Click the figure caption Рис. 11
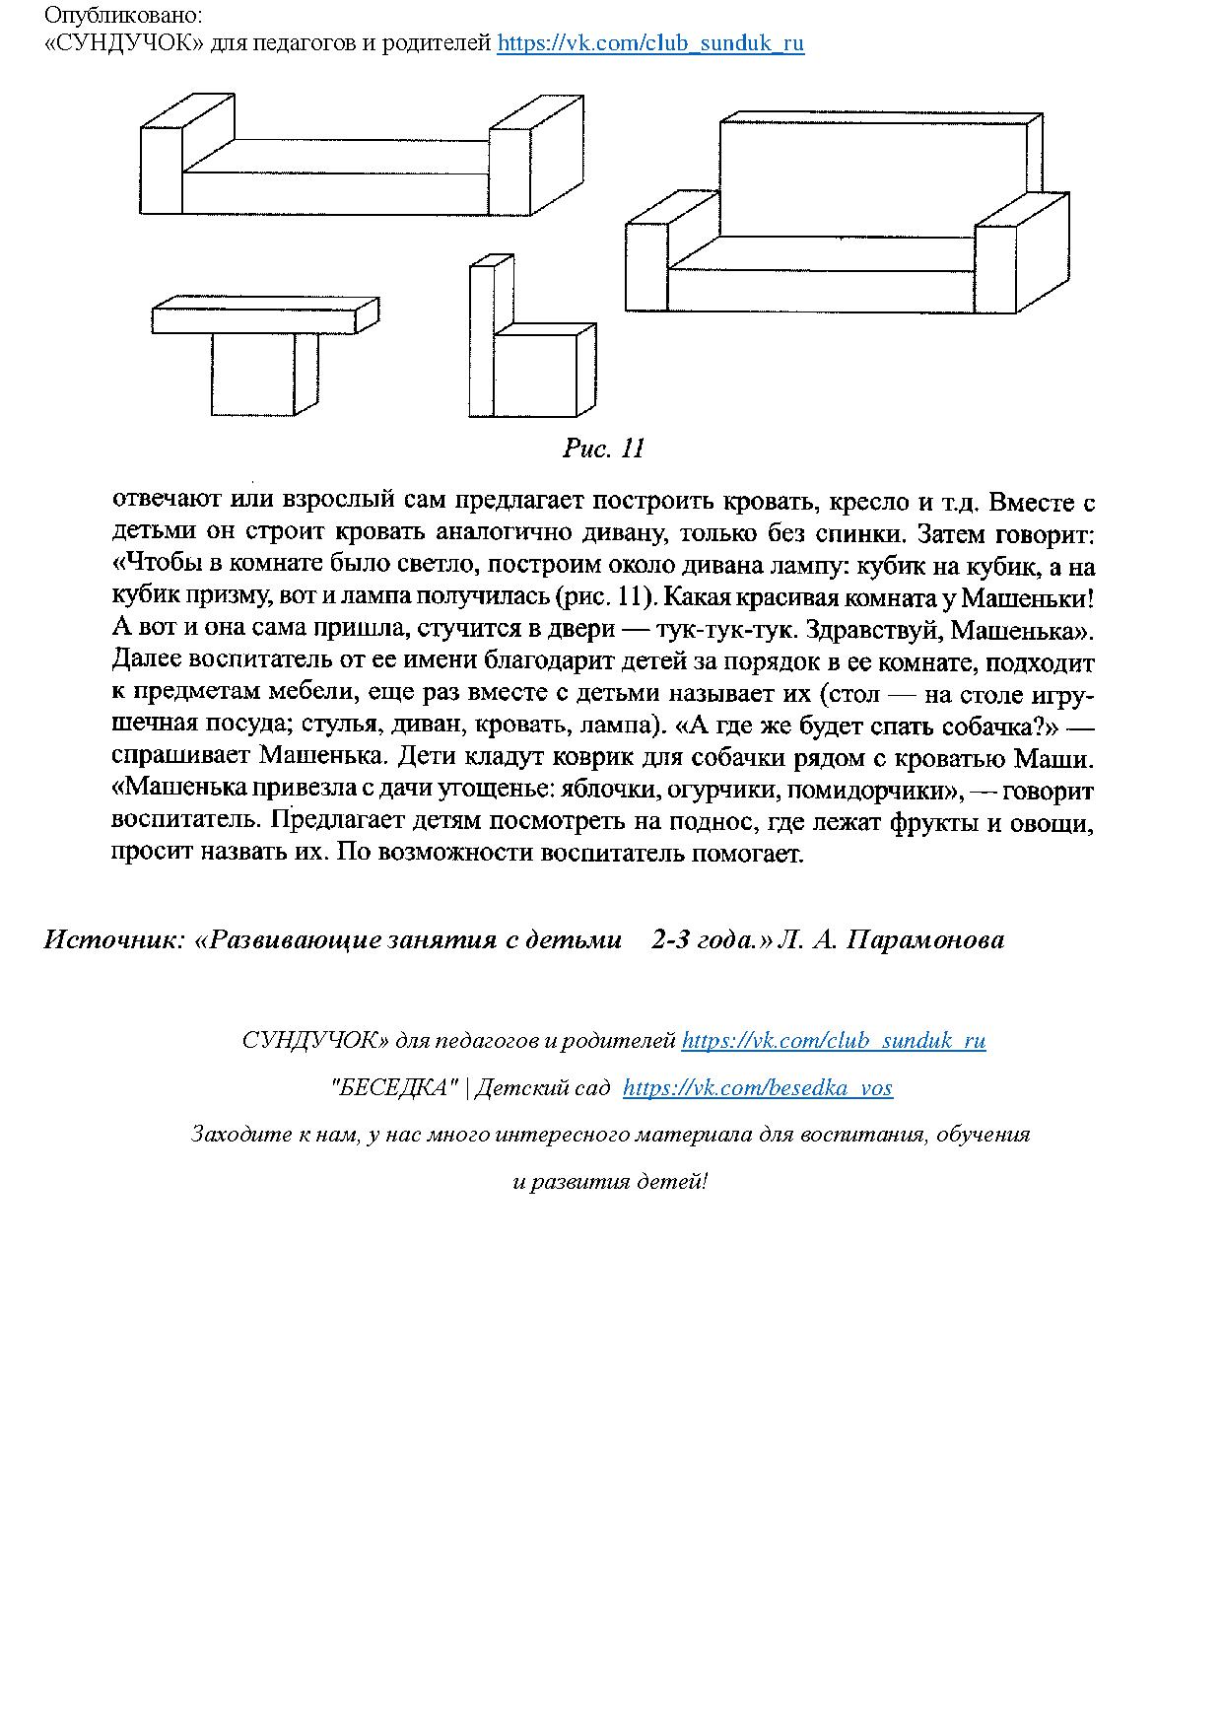(603, 450)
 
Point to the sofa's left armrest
(646, 266)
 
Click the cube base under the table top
(253, 375)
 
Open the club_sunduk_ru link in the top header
(650, 43)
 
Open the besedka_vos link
(758, 1088)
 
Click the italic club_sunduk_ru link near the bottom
(833, 1041)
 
